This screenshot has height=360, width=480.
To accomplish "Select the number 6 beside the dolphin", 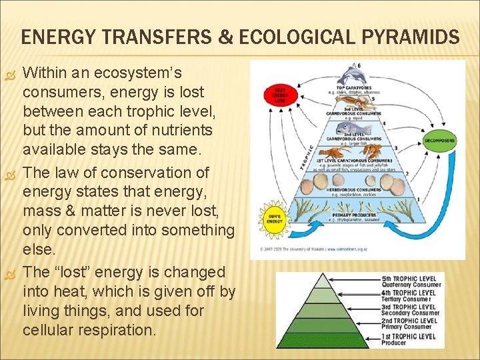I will pos(361,65).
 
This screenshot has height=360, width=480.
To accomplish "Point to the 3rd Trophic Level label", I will pos(409,307).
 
